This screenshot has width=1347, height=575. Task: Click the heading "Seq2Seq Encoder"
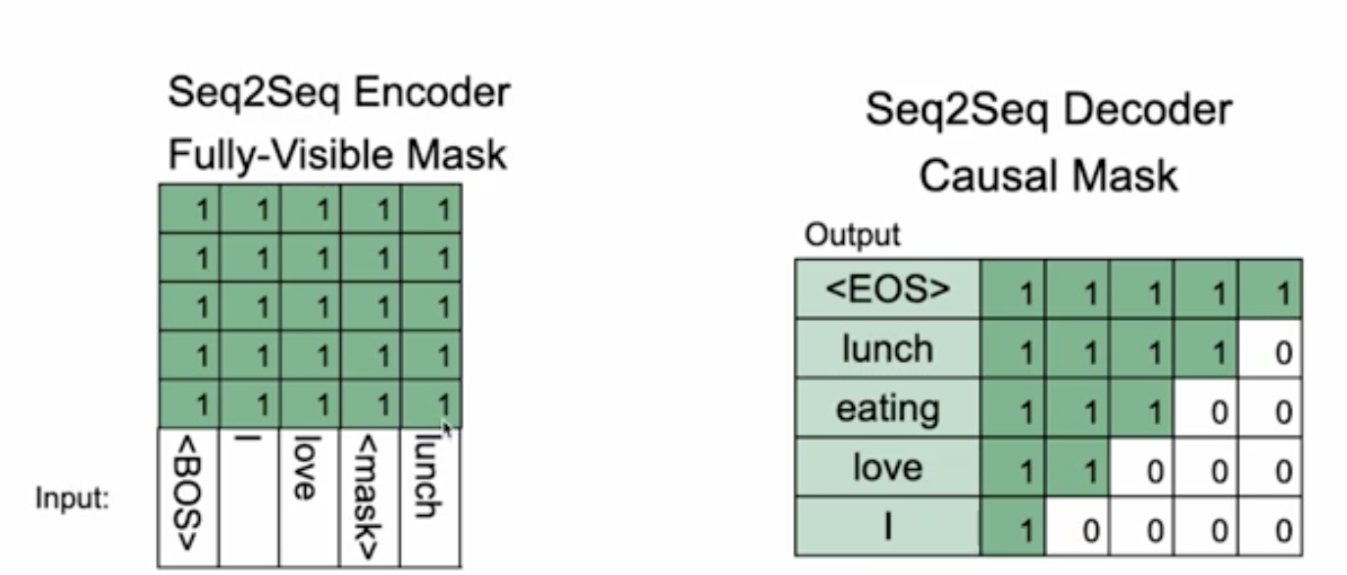(339, 94)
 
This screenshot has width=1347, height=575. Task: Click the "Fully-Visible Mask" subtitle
(338, 154)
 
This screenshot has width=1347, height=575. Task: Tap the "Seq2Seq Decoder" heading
(1048, 110)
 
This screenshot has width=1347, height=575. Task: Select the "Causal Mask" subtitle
(1048, 176)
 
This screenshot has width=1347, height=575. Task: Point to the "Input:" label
(73, 498)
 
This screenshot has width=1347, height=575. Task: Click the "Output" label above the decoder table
(851, 235)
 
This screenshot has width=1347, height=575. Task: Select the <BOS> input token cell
(188, 497)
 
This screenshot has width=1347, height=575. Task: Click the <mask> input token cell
(370, 497)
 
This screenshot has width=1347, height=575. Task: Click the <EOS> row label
(886, 289)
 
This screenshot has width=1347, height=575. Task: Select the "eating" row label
(886, 408)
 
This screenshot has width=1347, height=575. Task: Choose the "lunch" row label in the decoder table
(886, 348)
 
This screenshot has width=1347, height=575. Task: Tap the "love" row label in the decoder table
(886, 467)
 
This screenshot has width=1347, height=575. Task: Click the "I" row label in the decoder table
(886, 528)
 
